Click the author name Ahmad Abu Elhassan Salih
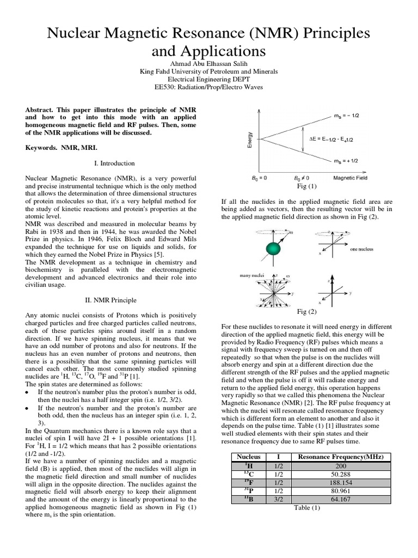click(209, 63)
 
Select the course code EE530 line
click(209, 87)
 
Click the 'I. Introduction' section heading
click(114, 163)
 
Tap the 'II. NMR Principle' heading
click(114, 300)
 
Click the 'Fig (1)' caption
click(306, 186)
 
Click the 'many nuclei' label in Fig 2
click(251, 276)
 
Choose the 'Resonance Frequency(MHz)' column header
click(337, 456)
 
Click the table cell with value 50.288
click(337, 474)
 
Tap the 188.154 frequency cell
click(337, 482)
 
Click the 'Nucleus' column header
click(246, 456)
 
